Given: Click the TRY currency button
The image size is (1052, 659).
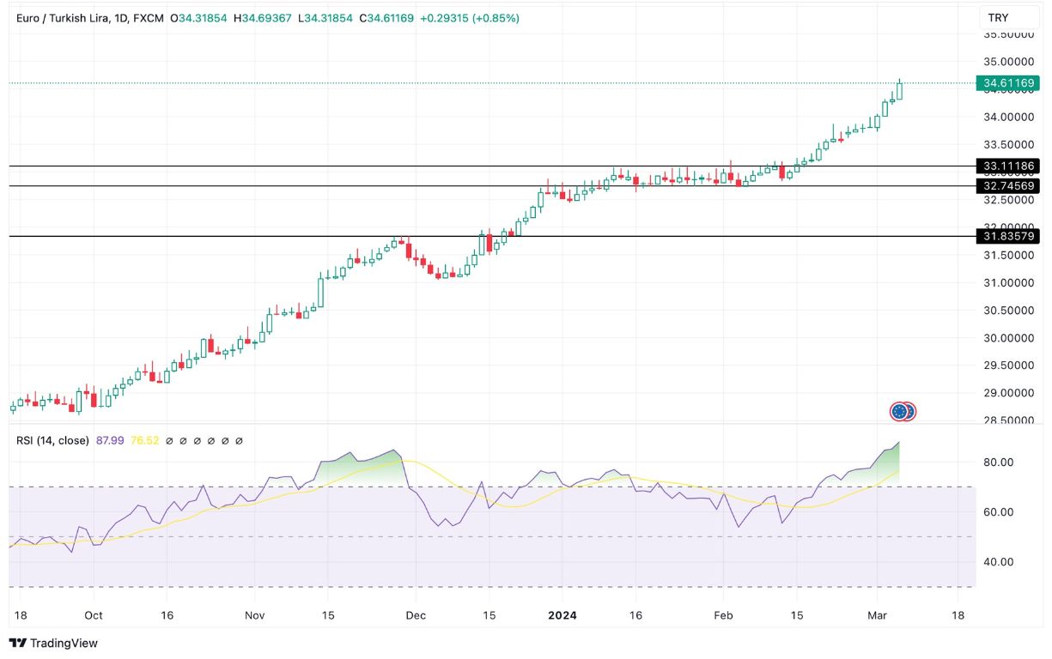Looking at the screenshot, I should click(998, 18).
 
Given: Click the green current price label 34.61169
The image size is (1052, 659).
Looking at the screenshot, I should click(1008, 83).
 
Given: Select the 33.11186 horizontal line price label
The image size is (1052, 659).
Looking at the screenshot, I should click(1009, 166).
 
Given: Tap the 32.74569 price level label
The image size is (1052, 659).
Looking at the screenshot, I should click(1009, 185).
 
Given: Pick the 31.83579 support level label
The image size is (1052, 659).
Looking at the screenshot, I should click(1009, 236).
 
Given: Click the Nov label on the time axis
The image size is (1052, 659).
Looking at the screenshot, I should click(255, 615).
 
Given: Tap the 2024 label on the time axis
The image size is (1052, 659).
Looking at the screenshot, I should click(562, 615).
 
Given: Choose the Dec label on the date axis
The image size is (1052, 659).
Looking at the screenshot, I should click(415, 615).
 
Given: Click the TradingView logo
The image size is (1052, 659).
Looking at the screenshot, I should click(53, 643).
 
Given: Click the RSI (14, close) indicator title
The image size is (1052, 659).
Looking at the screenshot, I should click(52, 440).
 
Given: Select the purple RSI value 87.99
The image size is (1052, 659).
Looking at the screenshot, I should click(110, 440).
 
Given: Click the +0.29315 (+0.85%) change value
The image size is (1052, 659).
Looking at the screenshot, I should click(469, 18).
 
